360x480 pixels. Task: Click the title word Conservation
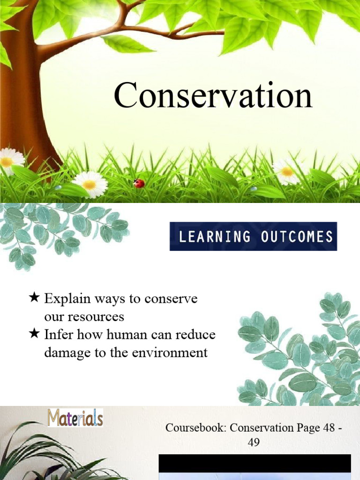coord(213,96)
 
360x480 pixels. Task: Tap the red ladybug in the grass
coord(139,183)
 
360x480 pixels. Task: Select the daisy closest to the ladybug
coord(90,184)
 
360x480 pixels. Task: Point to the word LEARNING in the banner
coord(215,236)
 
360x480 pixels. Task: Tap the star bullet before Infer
coord(34,334)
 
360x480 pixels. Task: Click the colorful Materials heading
coord(75,417)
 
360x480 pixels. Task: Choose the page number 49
coord(254,442)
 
